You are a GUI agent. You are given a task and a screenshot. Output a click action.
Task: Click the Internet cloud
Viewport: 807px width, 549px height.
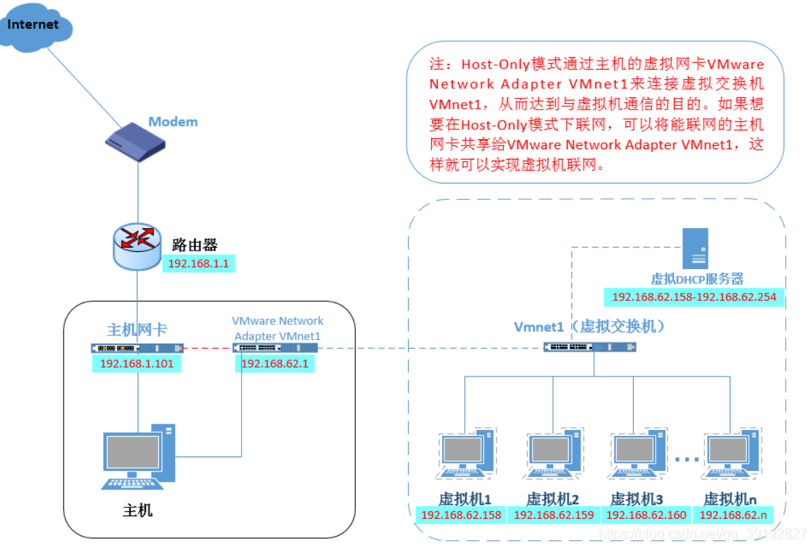point(34,27)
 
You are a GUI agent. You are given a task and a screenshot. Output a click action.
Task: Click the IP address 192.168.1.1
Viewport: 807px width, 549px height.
point(199,263)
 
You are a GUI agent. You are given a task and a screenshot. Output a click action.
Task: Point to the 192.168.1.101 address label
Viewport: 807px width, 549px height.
point(137,363)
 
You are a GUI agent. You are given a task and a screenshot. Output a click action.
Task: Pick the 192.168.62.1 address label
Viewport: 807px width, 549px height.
point(275,363)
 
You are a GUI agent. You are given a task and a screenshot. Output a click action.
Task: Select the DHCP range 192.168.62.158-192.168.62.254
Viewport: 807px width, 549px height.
point(694,297)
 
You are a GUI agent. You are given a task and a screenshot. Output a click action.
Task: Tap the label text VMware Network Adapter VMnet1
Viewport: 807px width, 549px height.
point(277,328)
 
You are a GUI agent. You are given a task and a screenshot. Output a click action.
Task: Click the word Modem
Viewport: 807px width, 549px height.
point(173,122)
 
